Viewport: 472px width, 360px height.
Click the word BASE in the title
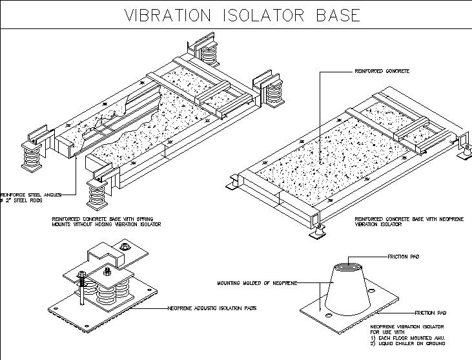tap(338, 16)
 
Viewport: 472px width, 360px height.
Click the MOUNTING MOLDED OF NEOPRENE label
tap(267, 283)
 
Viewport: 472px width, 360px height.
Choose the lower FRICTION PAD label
tap(429, 312)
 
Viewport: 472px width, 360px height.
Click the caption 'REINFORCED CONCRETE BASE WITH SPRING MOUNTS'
tap(106, 222)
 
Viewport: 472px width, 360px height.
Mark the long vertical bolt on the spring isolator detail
tap(83, 294)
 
